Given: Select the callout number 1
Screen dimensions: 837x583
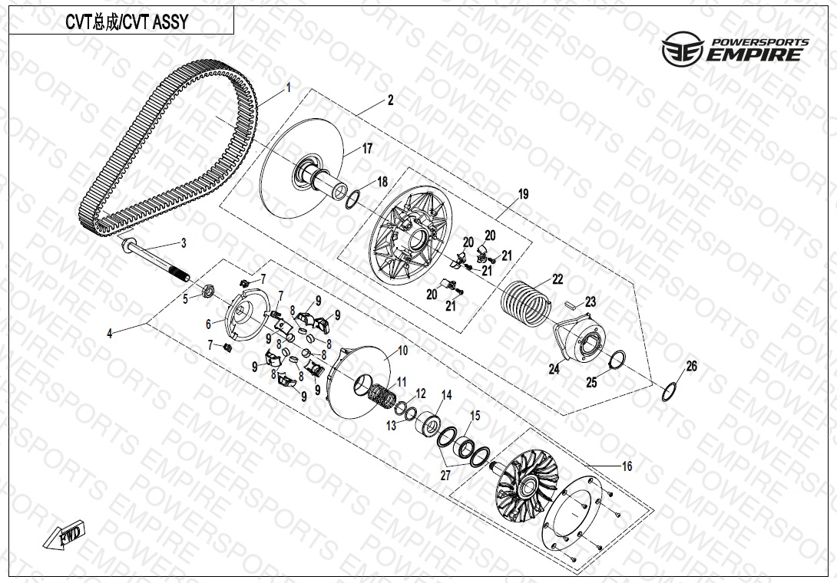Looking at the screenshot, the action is [289, 87].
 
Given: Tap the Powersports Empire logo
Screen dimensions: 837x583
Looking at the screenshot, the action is [735, 48].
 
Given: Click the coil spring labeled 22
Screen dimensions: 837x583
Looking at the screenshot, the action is [525, 302].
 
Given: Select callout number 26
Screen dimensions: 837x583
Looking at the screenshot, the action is [691, 367].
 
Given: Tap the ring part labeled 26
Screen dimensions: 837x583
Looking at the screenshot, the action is [670, 392].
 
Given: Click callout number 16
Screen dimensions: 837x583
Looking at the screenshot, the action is [627, 466].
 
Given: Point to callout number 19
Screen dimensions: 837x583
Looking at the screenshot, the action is [523, 194].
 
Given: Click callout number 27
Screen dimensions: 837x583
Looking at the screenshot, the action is [445, 476].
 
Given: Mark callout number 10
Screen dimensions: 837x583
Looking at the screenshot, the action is [402, 351].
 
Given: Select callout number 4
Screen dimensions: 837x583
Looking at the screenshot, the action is [110, 334].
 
